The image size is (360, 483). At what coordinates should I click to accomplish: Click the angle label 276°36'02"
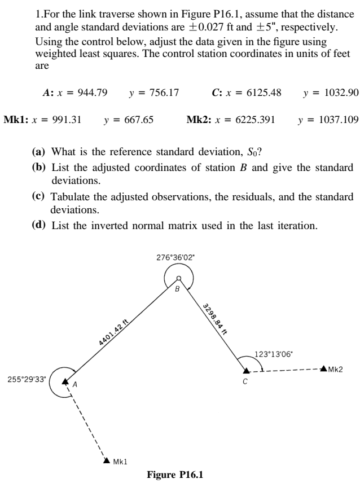click(x=179, y=257)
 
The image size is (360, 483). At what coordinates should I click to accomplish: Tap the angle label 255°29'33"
click(x=24, y=379)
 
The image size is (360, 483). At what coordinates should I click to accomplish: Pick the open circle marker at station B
click(x=179, y=278)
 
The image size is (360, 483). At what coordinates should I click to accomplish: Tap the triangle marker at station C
click(x=246, y=370)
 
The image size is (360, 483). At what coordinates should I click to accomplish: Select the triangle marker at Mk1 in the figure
click(x=107, y=460)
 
